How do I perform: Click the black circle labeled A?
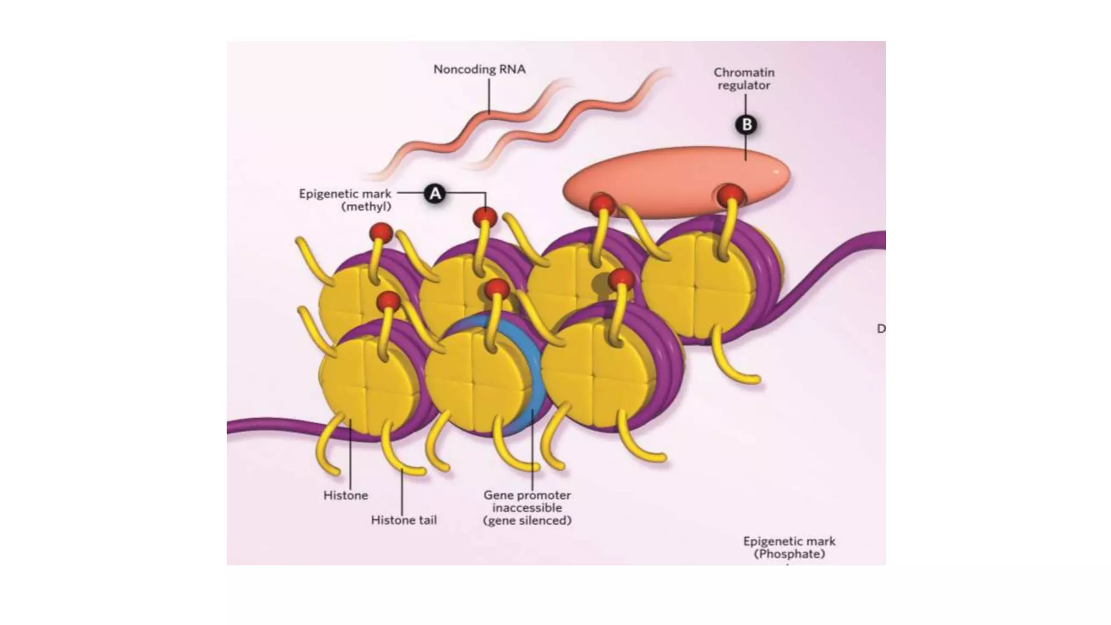tap(435, 194)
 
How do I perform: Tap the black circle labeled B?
tap(746, 125)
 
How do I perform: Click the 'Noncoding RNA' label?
tap(479, 69)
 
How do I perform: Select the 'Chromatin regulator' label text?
tap(744, 79)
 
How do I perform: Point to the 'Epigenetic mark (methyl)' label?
tap(345, 200)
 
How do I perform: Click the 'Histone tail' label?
tap(404, 520)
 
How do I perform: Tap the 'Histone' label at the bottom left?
tap(346, 495)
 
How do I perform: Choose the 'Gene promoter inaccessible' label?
tap(527, 507)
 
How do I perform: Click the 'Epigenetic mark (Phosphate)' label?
tap(789, 547)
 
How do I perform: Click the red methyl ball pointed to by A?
tap(484, 218)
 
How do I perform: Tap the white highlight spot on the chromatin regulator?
tap(776, 172)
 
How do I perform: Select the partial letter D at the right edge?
tap(881, 329)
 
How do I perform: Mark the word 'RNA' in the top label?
tap(512, 69)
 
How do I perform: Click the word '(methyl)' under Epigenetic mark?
tap(366, 206)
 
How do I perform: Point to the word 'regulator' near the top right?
tap(744, 85)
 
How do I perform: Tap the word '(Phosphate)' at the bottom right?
tap(789, 554)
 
